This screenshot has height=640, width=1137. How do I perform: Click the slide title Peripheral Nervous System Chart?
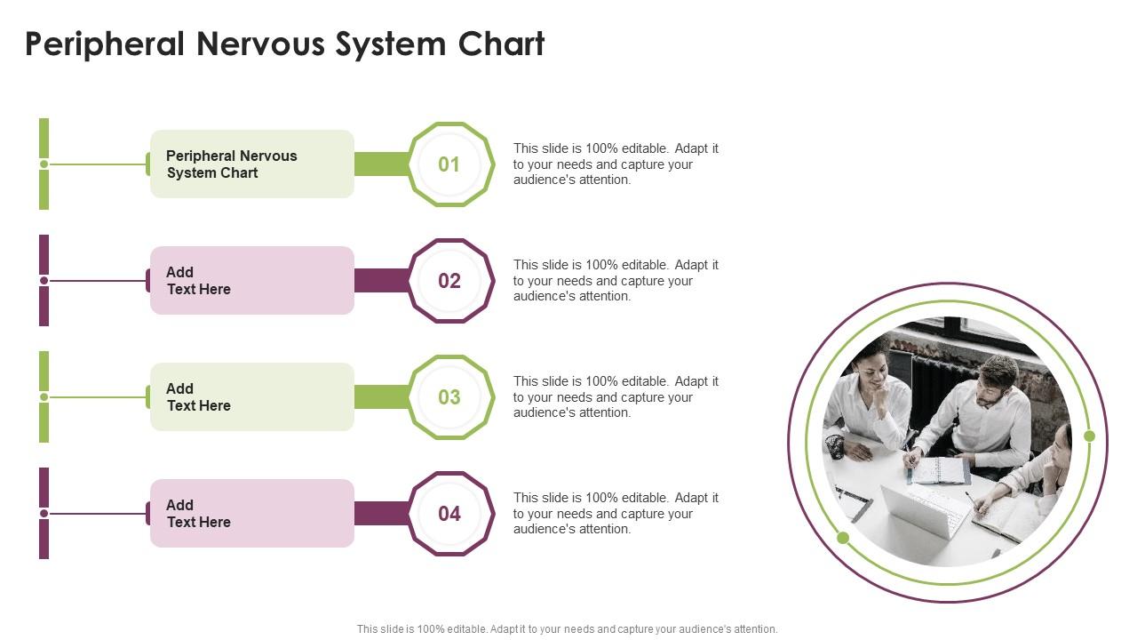tap(284, 44)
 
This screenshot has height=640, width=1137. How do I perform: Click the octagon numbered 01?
tap(449, 164)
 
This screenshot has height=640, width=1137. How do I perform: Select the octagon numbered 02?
tap(449, 281)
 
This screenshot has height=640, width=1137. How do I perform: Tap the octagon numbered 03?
tap(449, 397)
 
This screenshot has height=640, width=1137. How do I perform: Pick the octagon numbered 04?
tap(449, 514)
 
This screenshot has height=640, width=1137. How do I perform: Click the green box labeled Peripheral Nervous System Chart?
tap(252, 164)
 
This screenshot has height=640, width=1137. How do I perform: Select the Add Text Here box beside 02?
tap(252, 281)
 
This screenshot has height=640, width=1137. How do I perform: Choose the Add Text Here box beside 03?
tap(252, 397)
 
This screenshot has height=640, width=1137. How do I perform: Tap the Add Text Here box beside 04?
tap(252, 514)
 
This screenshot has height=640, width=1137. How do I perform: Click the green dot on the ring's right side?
tap(1090, 436)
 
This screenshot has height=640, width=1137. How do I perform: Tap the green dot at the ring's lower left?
tap(843, 538)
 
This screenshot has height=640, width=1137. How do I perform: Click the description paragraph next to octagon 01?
tap(616, 164)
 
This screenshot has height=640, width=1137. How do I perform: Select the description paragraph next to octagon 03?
tap(616, 397)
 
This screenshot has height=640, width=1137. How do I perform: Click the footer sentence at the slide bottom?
tap(567, 629)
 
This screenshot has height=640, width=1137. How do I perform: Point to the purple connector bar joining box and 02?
tap(381, 281)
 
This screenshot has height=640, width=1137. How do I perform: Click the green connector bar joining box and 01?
tap(381, 164)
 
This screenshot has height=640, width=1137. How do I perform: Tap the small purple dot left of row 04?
tap(44, 514)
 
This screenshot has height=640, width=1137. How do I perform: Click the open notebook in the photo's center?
tap(939, 470)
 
